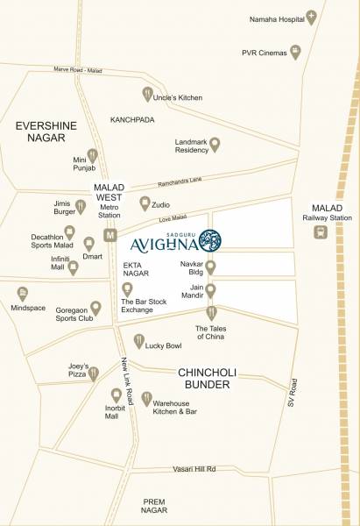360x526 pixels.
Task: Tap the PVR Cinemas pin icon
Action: (x=295, y=53)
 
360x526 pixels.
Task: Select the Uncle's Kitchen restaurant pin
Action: (x=147, y=94)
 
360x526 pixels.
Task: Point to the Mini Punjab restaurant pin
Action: (x=91, y=156)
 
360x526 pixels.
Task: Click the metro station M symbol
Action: (x=110, y=235)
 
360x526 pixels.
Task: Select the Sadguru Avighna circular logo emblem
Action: (x=210, y=238)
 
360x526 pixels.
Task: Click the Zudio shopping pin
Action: (x=145, y=203)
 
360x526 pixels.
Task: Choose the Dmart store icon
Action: (x=88, y=244)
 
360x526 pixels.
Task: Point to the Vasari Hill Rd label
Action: (x=194, y=470)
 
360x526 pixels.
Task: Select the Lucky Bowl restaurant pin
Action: (x=138, y=340)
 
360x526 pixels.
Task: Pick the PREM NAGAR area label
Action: (x=166, y=505)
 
